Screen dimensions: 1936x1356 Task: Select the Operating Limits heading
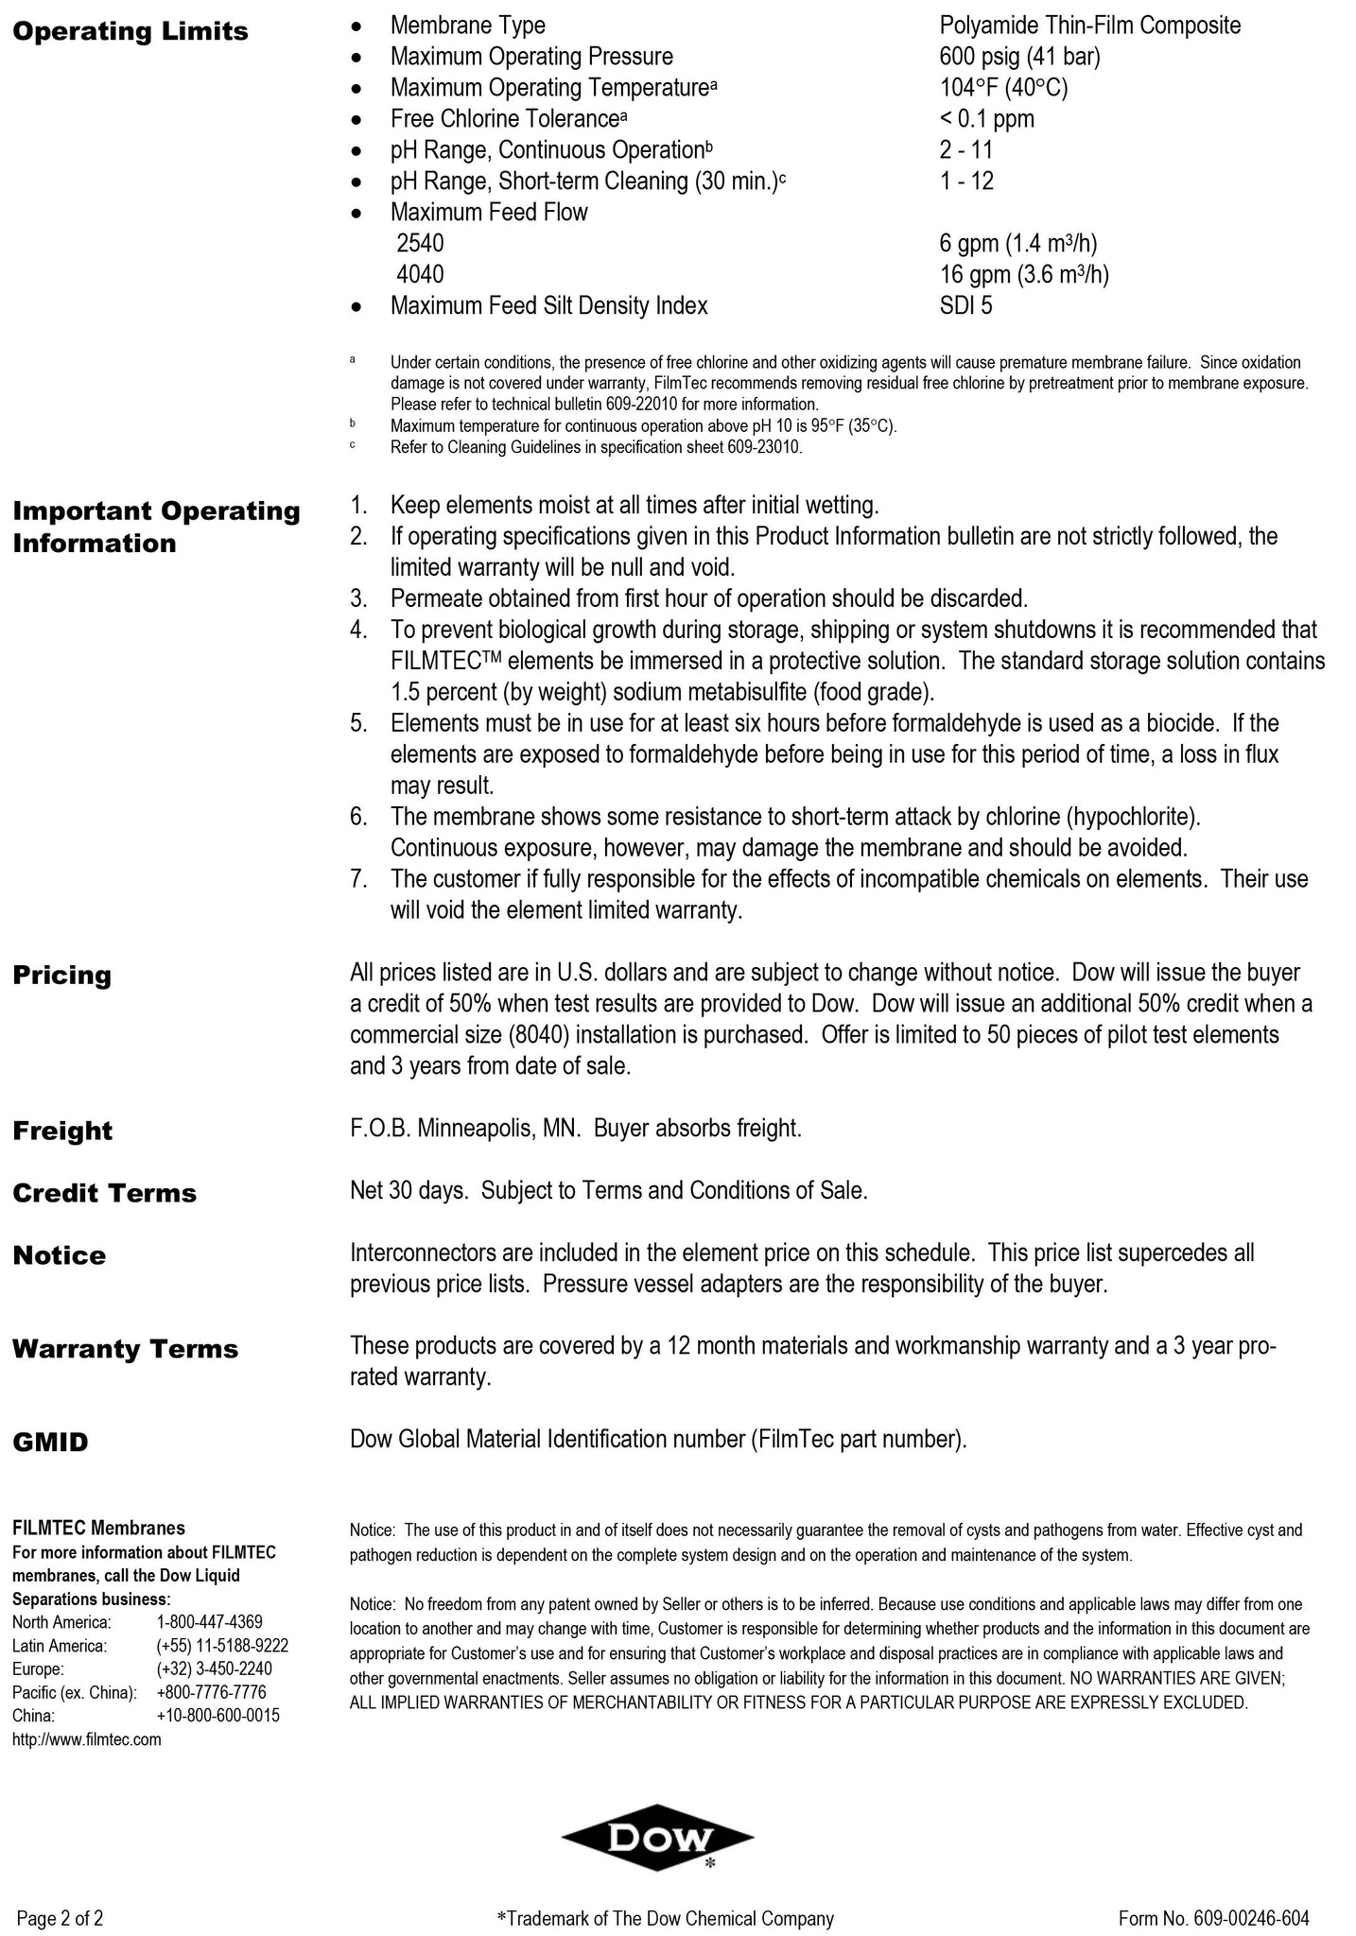(130, 32)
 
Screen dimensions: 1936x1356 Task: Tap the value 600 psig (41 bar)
(1019, 57)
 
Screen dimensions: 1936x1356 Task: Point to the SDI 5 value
(965, 305)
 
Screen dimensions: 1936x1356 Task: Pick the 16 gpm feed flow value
(1023, 274)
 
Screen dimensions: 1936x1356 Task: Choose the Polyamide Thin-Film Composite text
(1089, 26)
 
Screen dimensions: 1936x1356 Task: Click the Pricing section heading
(62, 976)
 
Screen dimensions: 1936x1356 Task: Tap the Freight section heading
(62, 1131)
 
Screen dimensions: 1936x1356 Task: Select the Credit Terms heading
(105, 1193)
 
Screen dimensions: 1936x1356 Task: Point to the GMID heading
(50, 1443)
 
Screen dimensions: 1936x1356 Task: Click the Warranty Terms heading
(125, 1349)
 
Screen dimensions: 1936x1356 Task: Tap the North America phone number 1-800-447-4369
(209, 1622)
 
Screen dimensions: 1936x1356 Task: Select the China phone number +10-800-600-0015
(217, 1716)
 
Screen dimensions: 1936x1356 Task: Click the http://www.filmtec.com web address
(86, 1739)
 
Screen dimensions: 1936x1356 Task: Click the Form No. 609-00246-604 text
(1213, 1918)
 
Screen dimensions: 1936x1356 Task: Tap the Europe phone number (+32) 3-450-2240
(214, 1668)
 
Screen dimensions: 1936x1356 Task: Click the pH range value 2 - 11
(965, 150)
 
